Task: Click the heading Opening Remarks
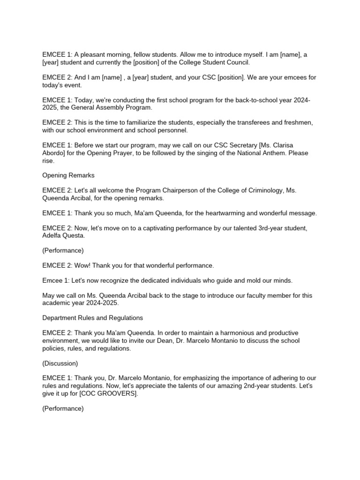(x=68, y=175)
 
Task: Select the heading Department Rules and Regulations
(x=92, y=318)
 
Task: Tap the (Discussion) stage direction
(x=60, y=363)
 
